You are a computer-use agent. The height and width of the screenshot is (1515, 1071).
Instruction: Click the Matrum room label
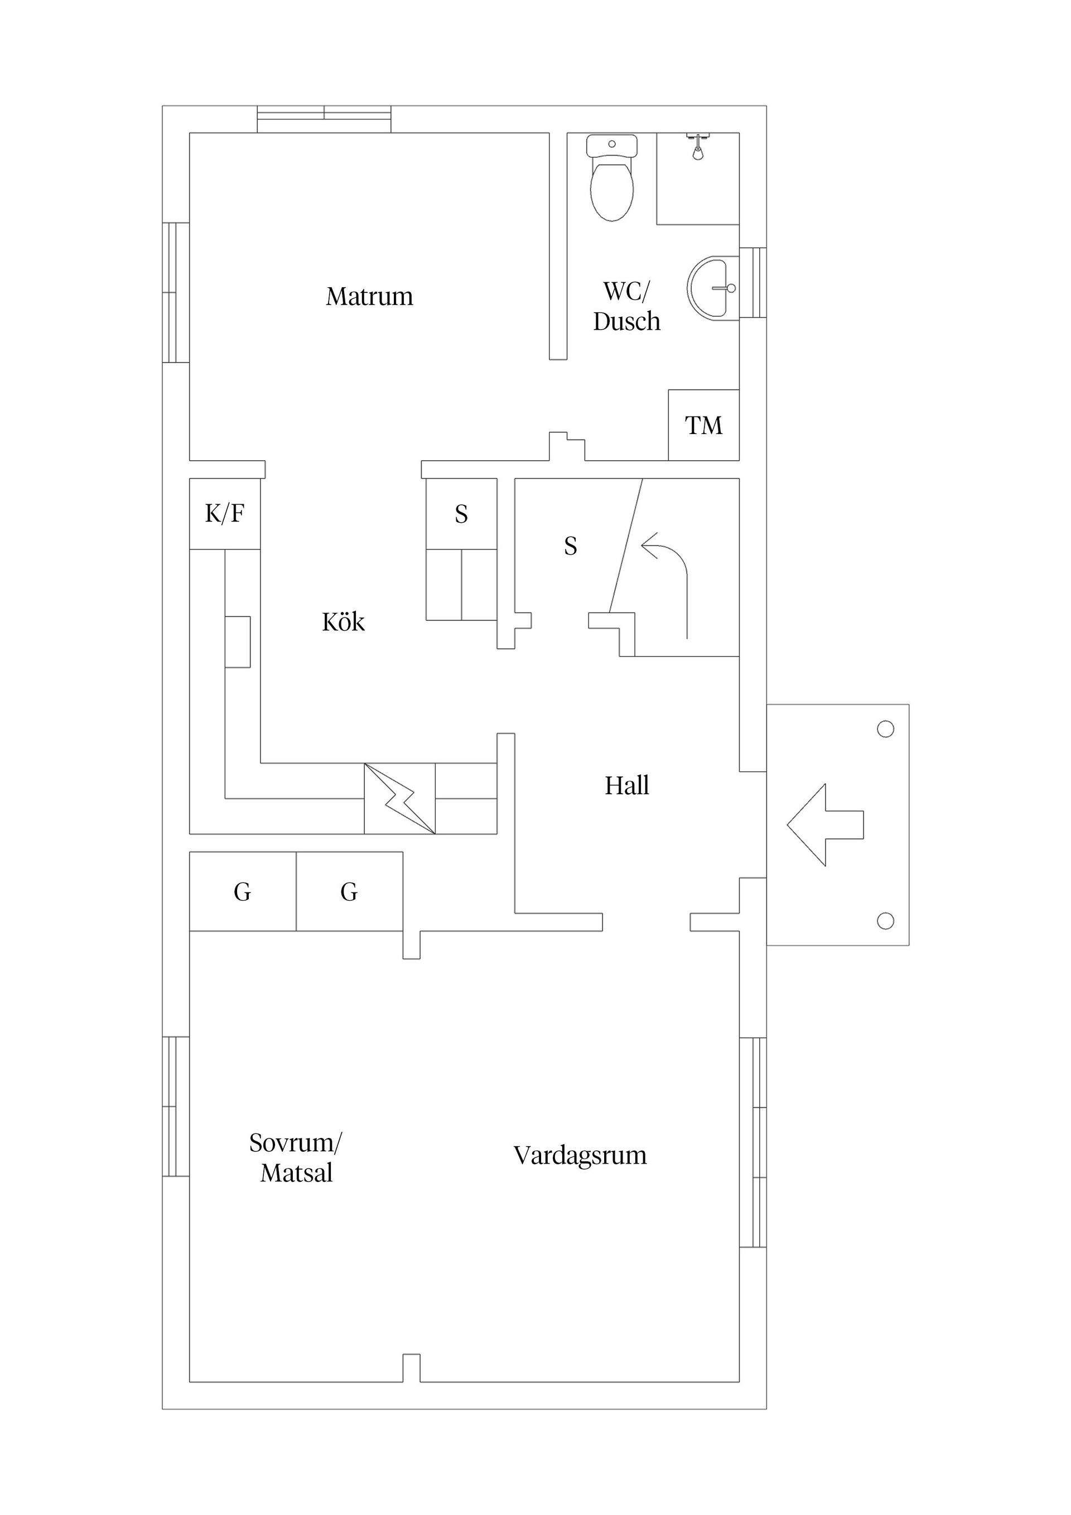[369, 296]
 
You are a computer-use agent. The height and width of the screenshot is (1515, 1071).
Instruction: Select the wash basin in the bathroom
[710, 288]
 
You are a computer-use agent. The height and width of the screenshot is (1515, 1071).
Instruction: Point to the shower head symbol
[697, 147]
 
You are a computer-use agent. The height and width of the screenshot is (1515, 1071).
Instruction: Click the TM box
[703, 425]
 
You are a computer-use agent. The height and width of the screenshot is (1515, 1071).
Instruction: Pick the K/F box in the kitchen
[224, 513]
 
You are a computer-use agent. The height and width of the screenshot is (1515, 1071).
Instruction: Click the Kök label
[343, 623]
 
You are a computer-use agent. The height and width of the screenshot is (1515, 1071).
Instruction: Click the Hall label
[627, 786]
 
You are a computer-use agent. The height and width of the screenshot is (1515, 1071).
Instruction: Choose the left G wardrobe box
[242, 892]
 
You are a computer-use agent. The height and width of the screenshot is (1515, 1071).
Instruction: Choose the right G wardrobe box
[349, 892]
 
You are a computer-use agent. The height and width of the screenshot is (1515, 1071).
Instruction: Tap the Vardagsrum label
[580, 1155]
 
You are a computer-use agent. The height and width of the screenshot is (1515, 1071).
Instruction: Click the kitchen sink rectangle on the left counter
[238, 641]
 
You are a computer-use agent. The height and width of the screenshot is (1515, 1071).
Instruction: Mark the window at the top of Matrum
[324, 119]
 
